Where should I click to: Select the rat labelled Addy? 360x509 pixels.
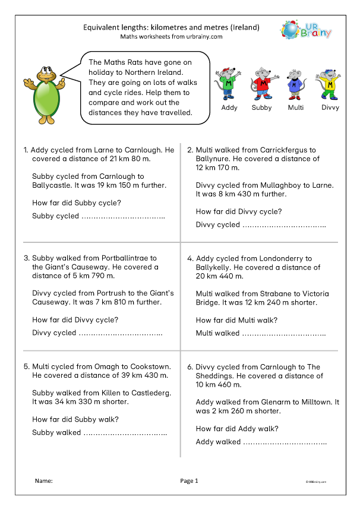tap(229, 83)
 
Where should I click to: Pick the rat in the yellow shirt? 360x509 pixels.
tap(330, 84)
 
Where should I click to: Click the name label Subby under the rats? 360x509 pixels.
tap(262, 108)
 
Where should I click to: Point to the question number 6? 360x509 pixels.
tap(190, 367)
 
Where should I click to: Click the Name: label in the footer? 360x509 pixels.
tap(43, 481)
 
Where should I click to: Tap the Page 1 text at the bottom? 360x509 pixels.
tap(189, 481)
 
